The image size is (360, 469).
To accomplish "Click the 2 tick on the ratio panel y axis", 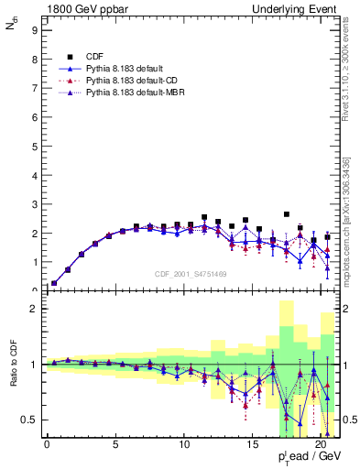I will click(x=34, y=309).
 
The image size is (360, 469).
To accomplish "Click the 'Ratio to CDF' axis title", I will click(x=14, y=365).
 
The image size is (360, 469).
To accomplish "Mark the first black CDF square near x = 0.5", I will click(x=54, y=283).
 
